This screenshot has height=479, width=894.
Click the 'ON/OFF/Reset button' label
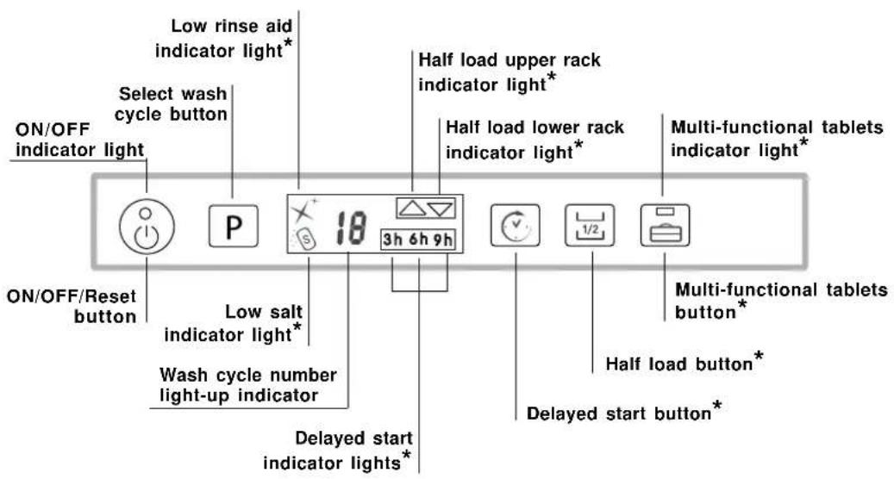[72, 307]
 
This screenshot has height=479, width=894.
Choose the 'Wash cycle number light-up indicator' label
[248, 386]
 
